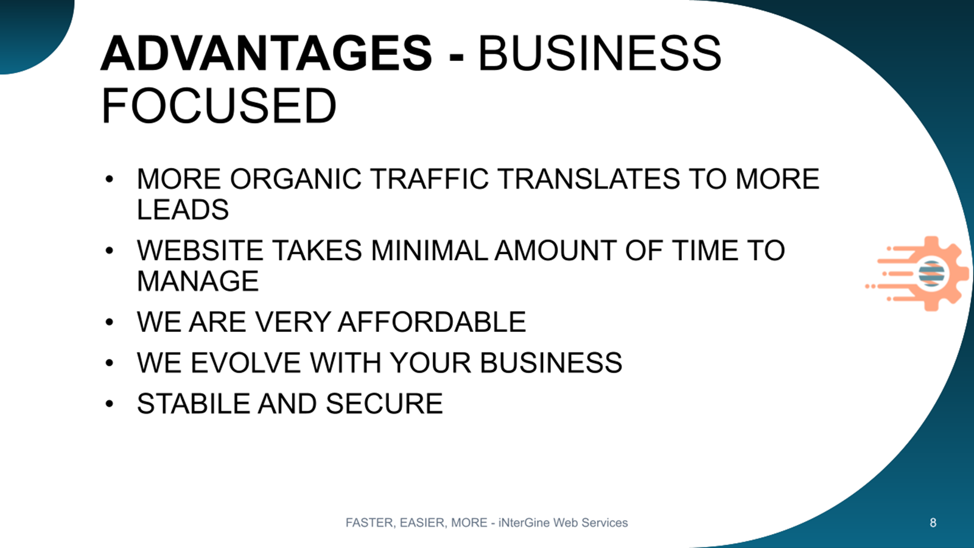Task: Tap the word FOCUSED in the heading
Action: pos(219,106)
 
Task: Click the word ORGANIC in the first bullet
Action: pos(296,179)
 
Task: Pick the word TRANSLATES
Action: pos(589,179)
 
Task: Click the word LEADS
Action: pos(183,209)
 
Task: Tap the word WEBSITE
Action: pos(200,250)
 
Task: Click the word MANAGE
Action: pos(198,281)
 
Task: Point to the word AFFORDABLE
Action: pos(432,322)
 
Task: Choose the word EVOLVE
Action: pos(246,362)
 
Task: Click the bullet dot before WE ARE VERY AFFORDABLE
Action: pos(109,322)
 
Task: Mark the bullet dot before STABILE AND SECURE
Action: pos(109,404)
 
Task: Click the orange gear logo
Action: pos(917,273)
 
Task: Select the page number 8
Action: pos(933,522)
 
